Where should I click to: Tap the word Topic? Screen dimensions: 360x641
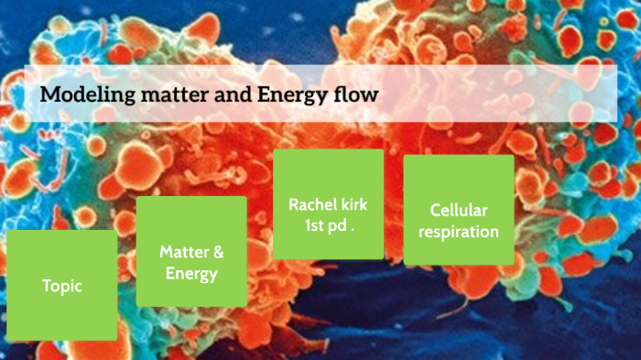pos(62,286)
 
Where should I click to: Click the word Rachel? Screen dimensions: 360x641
pos(311,203)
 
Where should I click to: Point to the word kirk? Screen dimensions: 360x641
pos(355,203)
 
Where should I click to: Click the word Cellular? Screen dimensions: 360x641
pos(459,210)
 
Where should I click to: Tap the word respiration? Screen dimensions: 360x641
pos(459,232)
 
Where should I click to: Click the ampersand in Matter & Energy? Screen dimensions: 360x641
pos(218,252)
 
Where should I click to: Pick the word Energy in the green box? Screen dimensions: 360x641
pos(191,274)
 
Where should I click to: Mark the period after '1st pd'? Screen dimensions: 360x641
pos(352,228)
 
